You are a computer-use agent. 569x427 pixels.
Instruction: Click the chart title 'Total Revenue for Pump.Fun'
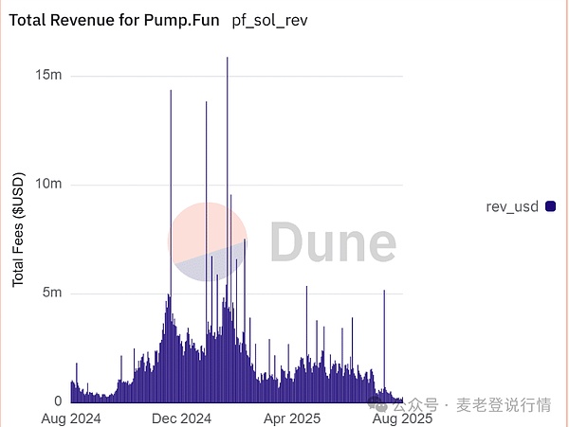pyautogui.click(x=116, y=20)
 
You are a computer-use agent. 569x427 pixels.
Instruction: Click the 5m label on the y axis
pyautogui.click(x=51, y=293)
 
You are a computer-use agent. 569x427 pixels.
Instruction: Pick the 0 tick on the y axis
pyautogui.click(x=57, y=401)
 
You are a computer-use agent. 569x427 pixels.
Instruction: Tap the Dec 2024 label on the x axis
pyautogui.click(x=181, y=418)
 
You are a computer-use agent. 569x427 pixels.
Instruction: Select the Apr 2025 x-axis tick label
pyautogui.click(x=292, y=418)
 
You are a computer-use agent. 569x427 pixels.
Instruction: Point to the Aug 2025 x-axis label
pyautogui.click(x=402, y=418)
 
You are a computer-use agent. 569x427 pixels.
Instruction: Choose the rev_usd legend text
pyautogui.click(x=513, y=206)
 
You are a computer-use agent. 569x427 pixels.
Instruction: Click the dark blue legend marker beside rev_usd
pyautogui.click(x=550, y=206)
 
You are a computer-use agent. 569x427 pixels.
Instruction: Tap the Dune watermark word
pyautogui.click(x=332, y=242)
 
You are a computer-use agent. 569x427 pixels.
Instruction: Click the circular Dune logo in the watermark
pyautogui.click(x=208, y=242)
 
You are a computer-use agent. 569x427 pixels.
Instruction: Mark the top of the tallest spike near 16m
pyautogui.click(x=228, y=59)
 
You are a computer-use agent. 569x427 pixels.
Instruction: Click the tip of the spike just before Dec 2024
pyautogui.click(x=171, y=91)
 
